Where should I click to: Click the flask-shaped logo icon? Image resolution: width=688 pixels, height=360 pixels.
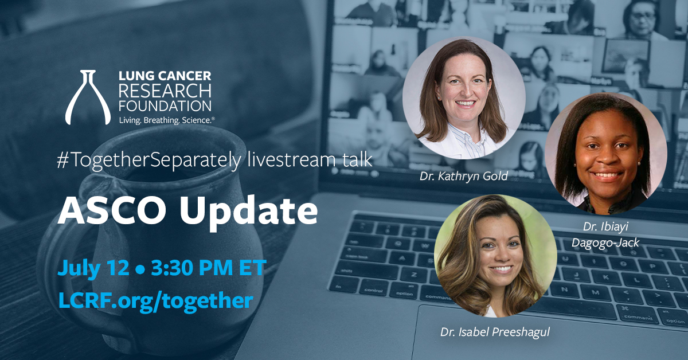point(88,97)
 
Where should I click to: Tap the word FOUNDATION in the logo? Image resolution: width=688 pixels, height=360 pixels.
point(165,105)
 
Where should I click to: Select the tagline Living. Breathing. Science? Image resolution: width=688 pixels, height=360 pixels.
point(167,120)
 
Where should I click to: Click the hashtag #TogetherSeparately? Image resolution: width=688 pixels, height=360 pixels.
point(148,161)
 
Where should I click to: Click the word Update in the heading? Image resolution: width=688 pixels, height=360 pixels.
point(248,213)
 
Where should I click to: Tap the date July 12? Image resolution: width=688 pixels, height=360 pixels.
point(93,268)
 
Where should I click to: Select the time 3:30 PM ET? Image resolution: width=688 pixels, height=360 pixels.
point(209,268)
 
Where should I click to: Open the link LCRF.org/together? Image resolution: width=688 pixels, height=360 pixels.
point(156,300)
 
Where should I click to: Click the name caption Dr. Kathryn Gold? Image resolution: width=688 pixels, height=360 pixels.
point(463,177)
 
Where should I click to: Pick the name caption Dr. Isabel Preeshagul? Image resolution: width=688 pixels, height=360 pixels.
point(495,332)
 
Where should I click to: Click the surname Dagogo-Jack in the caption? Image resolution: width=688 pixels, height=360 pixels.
point(605,242)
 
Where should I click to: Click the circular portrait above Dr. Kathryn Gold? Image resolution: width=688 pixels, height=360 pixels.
point(464,97)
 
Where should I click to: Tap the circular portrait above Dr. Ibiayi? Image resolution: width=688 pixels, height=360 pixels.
point(605,154)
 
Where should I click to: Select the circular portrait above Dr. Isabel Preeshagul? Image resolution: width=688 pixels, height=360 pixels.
point(495,256)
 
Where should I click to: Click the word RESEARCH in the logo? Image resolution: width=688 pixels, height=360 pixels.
point(165,91)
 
